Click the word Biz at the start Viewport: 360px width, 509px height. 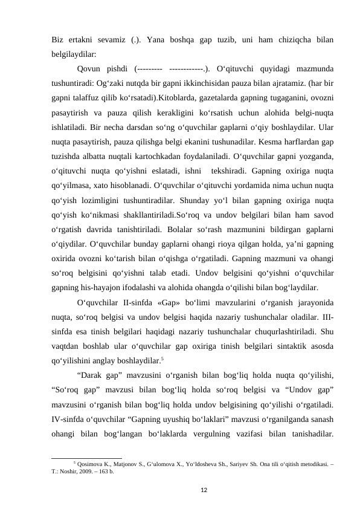click(x=58, y=40)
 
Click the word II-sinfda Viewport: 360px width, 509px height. click(x=144, y=304)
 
